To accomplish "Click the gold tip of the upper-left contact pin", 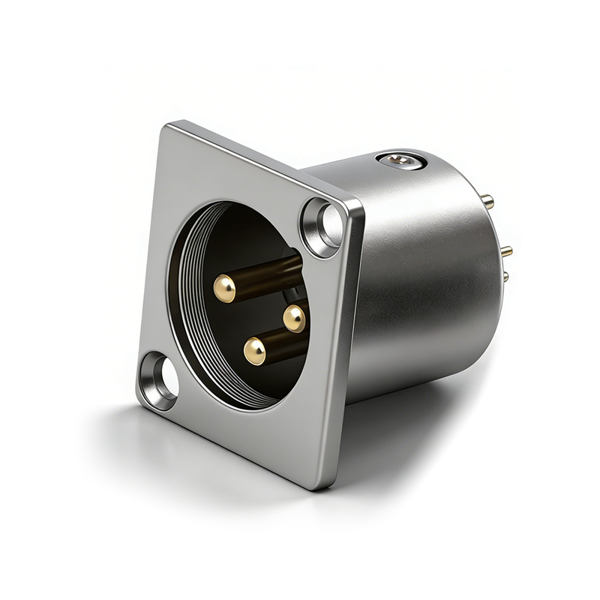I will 224,288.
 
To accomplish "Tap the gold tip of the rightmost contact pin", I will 295,318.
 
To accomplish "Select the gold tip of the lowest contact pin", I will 255,350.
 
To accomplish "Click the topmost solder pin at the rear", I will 487,201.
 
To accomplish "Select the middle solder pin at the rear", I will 506,251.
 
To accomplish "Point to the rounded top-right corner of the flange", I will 358,206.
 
